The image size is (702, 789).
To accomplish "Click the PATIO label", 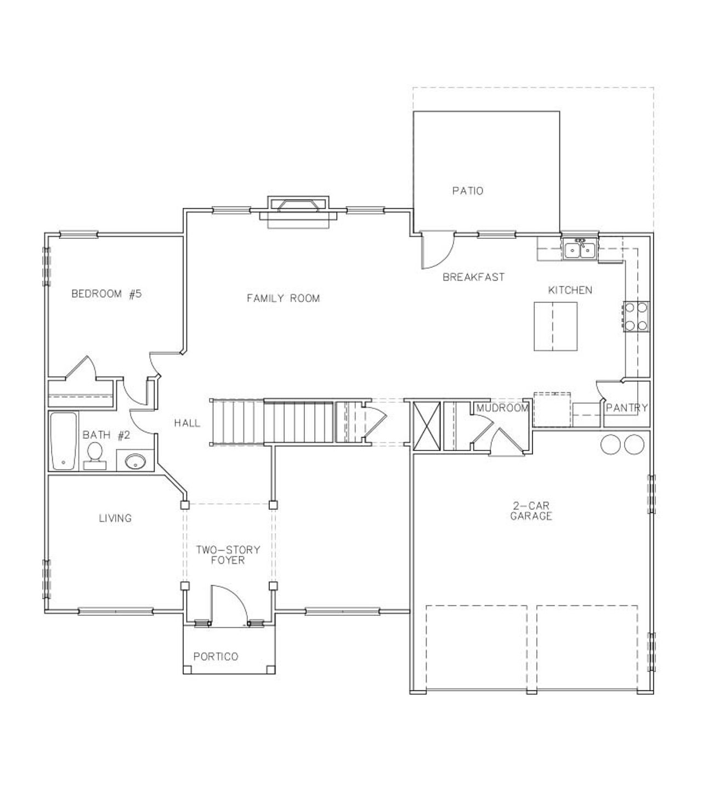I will [x=468, y=191].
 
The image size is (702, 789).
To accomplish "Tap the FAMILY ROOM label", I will [x=283, y=298].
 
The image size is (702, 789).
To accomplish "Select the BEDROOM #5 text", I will [x=106, y=294].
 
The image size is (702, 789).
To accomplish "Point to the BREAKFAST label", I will [x=473, y=277].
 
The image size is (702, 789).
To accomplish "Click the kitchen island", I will [x=556, y=325].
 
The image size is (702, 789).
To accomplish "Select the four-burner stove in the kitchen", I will [x=636, y=317].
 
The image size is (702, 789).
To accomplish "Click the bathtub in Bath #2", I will [x=64, y=441].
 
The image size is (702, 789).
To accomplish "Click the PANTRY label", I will [x=627, y=408].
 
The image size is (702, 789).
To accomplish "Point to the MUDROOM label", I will [x=502, y=408].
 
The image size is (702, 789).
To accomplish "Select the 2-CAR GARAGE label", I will [x=531, y=511].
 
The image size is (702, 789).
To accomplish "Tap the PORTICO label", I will [x=216, y=656].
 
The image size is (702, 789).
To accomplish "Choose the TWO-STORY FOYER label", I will [x=228, y=555].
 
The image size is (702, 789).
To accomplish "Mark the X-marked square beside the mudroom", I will [x=427, y=426].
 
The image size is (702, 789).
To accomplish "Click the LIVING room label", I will [x=115, y=518].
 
